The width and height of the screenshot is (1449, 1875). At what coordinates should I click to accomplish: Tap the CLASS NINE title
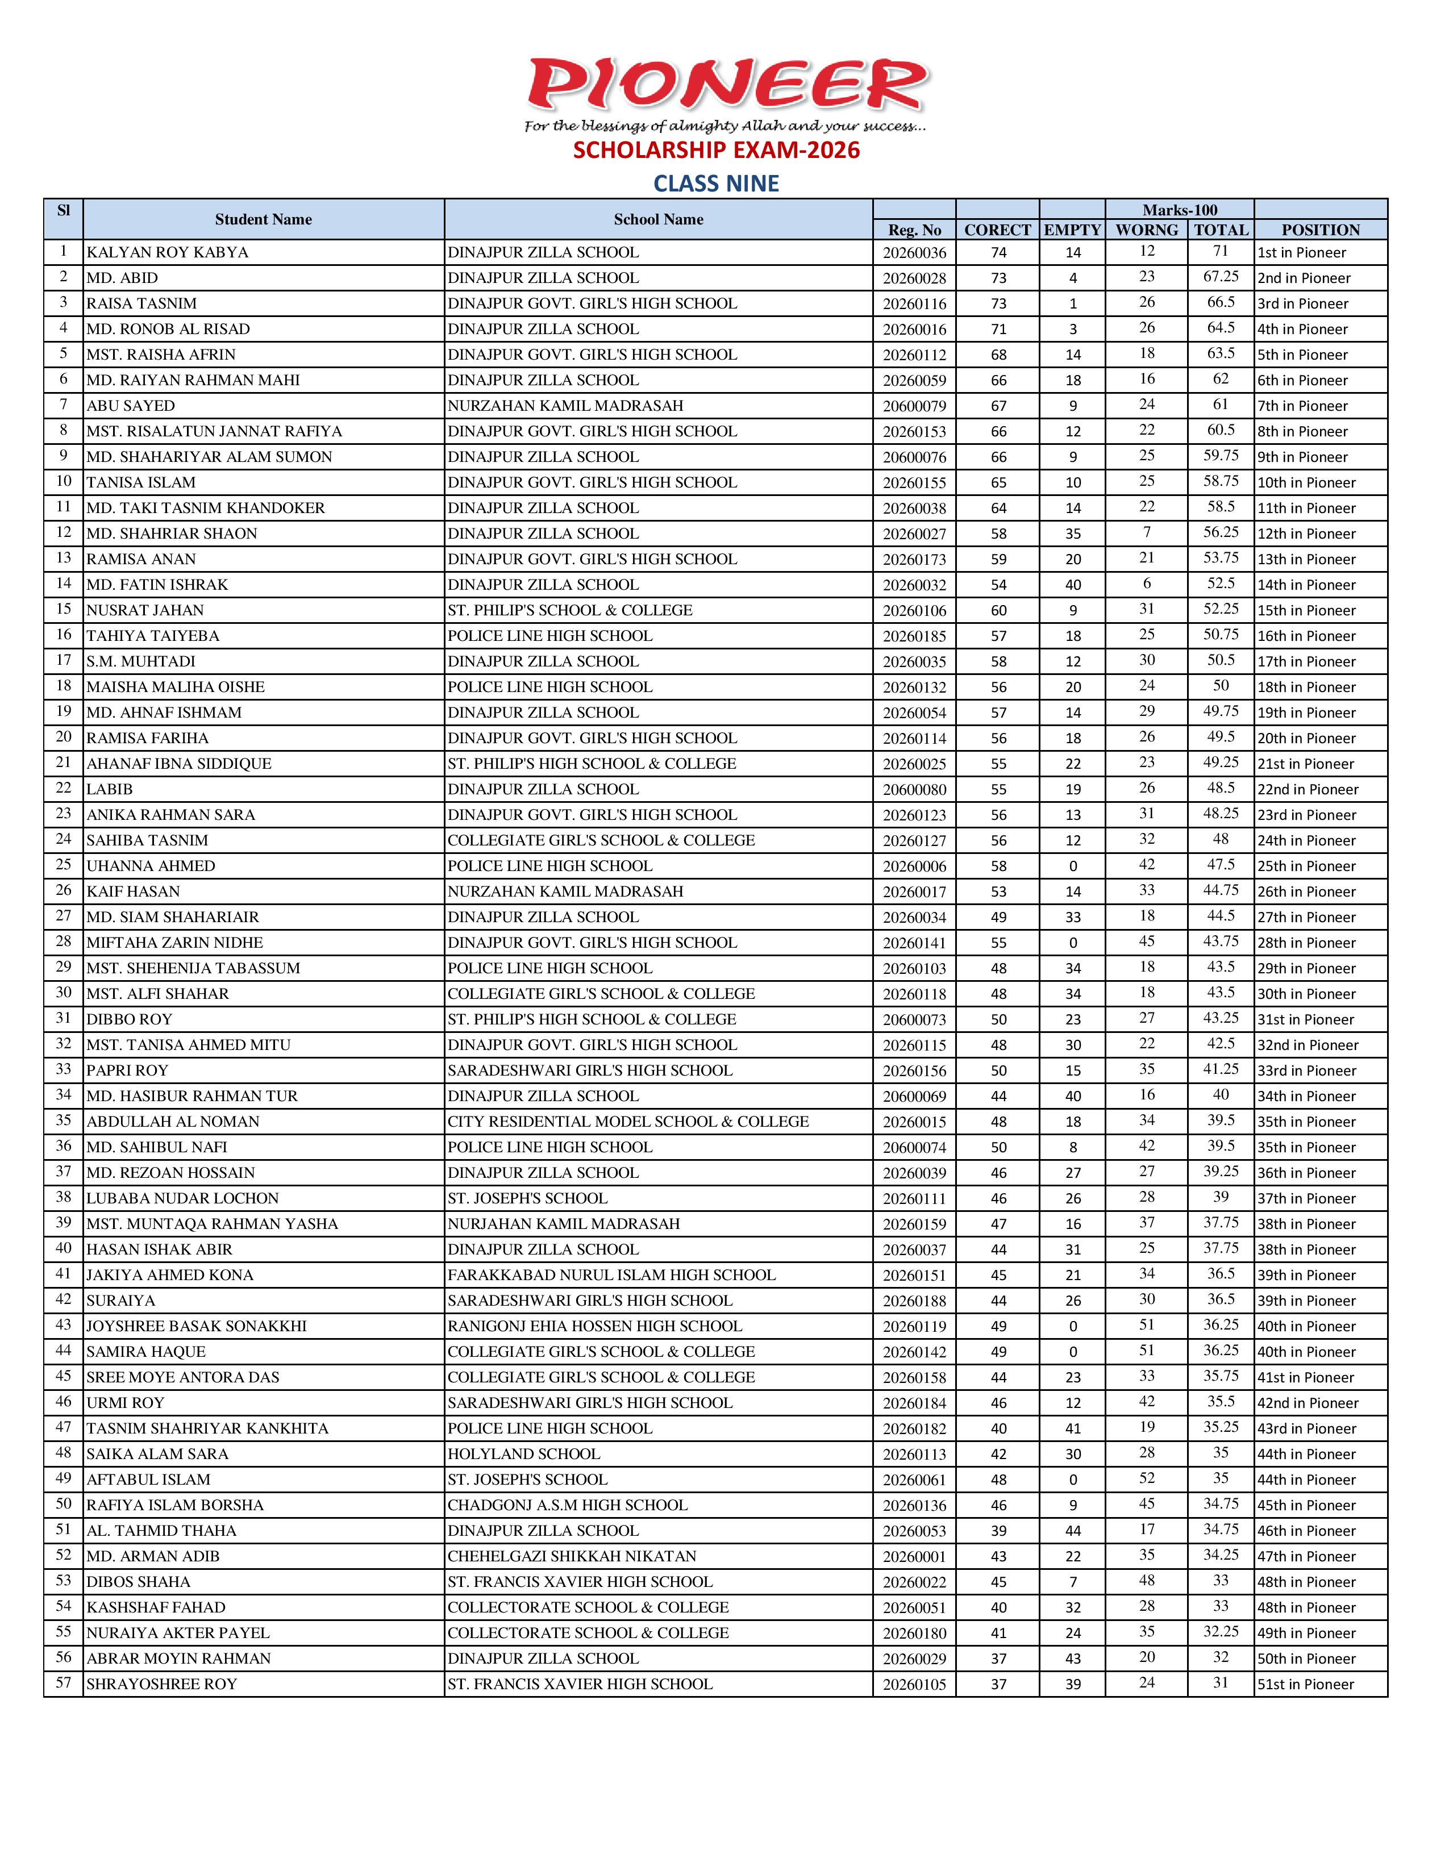716,184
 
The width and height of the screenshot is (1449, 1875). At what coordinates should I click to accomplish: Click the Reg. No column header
914,230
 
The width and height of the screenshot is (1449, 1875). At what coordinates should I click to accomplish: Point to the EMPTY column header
1072,230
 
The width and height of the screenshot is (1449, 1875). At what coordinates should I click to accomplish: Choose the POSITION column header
1320,230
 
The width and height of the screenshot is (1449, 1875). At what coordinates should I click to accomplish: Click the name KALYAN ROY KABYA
168,252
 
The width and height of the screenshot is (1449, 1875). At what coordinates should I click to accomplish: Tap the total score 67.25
1221,277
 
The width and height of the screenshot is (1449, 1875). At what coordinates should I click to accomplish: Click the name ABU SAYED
131,406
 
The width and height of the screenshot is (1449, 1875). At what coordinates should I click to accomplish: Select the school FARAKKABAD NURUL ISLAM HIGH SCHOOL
611,1275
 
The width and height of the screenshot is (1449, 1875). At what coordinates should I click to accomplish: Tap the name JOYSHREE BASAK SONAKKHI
197,1326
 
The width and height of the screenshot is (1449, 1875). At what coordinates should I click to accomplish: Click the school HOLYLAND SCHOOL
524,1455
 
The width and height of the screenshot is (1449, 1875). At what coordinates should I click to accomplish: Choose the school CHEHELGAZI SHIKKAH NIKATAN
572,1556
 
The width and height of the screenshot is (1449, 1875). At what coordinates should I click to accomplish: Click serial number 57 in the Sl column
64,1683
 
